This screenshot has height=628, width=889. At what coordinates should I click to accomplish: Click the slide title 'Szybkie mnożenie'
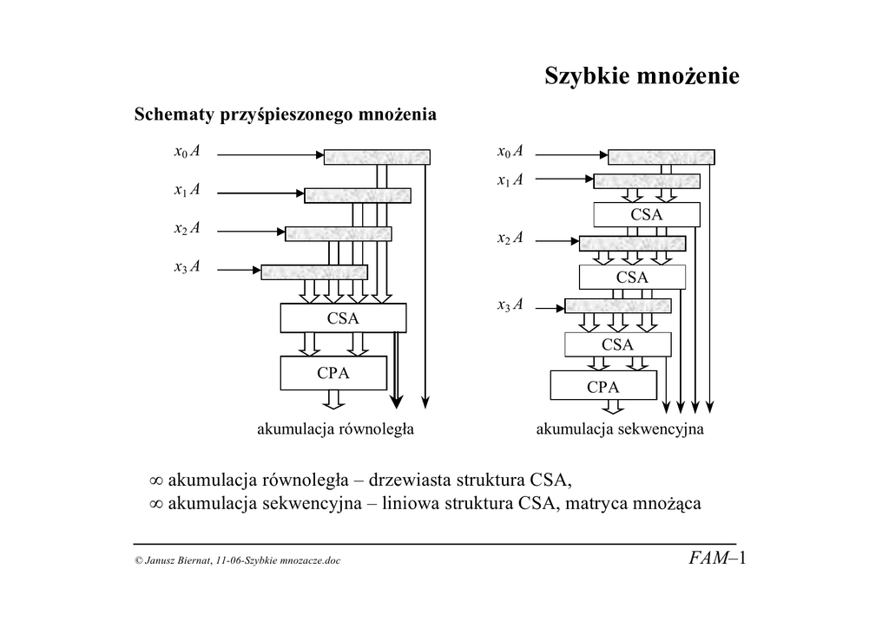pos(642,77)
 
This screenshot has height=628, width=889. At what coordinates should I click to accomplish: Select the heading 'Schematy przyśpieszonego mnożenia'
pos(285,114)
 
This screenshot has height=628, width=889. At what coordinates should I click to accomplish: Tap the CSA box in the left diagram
pos(342,318)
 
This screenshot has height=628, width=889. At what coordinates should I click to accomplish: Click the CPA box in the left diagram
pos(332,373)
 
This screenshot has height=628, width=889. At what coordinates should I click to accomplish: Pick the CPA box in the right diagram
pos(603,387)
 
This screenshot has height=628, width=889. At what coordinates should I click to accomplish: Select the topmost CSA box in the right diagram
pos(646,214)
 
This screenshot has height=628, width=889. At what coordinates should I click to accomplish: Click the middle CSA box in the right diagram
pos(631,277)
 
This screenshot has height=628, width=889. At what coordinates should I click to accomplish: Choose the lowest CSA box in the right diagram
pos(617,344)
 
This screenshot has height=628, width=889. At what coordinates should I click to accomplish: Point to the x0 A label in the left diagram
pos(187,153)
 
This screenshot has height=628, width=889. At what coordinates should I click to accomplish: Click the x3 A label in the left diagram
pos(187,267)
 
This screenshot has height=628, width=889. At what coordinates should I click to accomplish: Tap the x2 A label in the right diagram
pos(510,238)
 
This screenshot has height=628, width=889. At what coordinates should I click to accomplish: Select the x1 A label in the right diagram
pos(510,180)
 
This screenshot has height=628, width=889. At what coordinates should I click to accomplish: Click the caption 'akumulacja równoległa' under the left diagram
pos(334,428)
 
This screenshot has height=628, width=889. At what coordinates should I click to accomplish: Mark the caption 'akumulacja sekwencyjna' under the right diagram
pos(620,428)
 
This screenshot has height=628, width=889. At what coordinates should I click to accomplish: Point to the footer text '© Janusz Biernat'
pos(173,561)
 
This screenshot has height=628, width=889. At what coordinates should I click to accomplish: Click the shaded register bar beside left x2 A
pos(338,233)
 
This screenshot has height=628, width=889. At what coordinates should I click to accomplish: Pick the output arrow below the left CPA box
pos(332,399)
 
